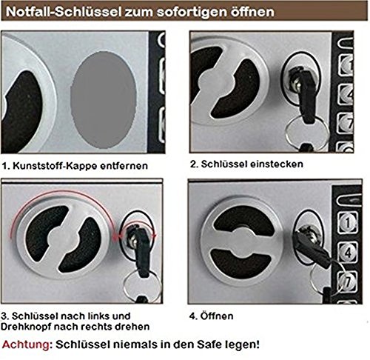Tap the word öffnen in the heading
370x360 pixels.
229,13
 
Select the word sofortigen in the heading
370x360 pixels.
175,13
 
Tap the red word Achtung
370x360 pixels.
28,344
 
